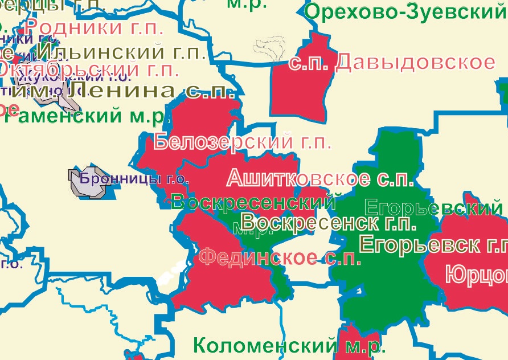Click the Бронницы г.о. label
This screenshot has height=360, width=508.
tap(134, 178)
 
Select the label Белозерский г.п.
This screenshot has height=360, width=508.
tap(242, 141)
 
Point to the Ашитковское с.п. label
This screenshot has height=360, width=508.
tap(319, 178)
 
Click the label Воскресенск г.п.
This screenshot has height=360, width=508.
tap(329, 222)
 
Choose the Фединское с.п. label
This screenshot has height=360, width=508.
tap(280, 258)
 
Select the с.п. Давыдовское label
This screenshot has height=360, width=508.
tap(391, 62)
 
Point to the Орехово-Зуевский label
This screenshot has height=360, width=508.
tap(405, 11)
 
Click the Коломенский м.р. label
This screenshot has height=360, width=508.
tap(289, 345)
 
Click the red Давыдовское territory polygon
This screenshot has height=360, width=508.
tap(299, 94)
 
